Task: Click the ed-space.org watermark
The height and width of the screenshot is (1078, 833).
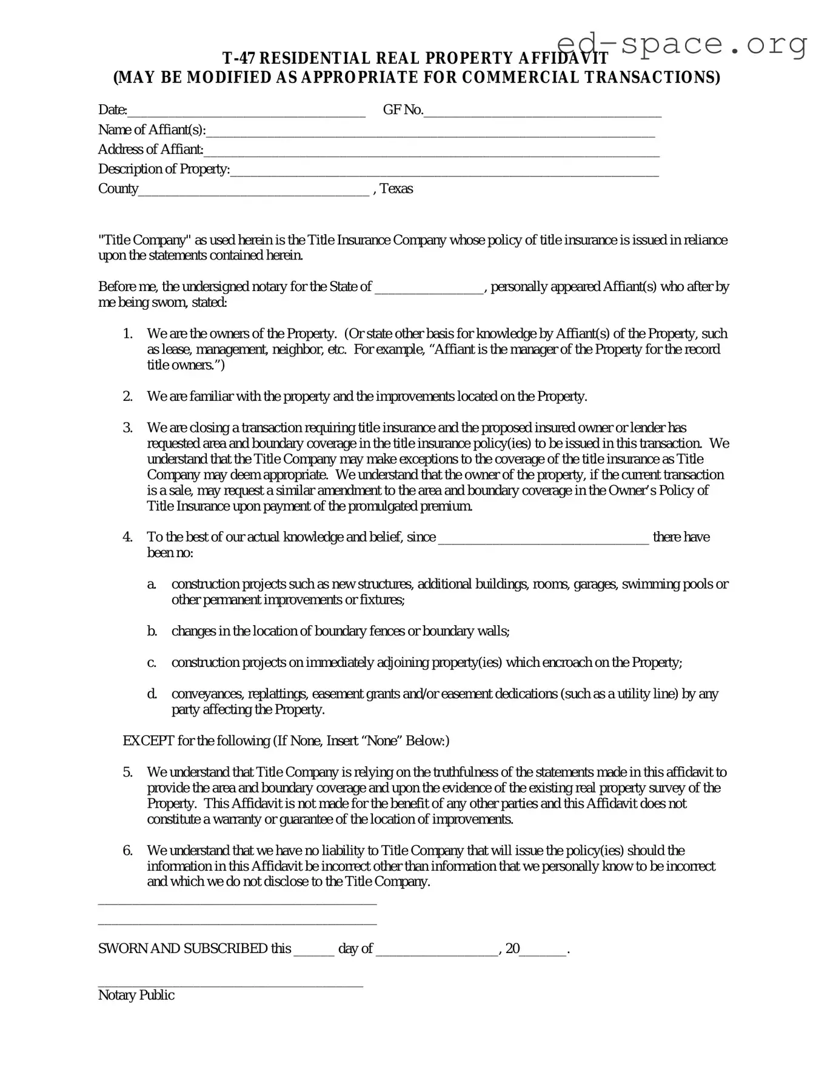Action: pos(681,44)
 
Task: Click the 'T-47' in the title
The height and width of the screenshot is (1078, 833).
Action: pos(239,59)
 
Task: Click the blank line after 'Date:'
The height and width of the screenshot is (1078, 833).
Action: pos(246,112)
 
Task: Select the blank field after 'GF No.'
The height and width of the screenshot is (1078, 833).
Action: pos(542,112)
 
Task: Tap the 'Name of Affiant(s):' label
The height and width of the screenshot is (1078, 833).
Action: pos(152,130)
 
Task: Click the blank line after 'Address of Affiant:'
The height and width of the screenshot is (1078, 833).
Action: pos(430,151)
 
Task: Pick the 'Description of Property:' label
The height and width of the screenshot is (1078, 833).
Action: pos(164,169)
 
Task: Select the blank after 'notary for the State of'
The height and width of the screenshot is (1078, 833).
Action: pos(429,288)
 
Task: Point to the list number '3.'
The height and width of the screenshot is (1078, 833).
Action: pos(128,428)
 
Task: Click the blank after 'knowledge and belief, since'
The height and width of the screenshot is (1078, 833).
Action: pos(543,538)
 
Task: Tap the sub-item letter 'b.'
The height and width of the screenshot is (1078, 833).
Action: pos(152,632)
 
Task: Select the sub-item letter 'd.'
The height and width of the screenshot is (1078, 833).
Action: pos(152,694)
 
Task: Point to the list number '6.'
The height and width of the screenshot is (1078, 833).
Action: pos(128,851)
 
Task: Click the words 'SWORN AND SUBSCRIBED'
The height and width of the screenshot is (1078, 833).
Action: pos(182,949)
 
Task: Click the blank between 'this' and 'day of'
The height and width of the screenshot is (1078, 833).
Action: pos(314,951)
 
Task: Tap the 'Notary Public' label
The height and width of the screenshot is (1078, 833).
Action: pos(136,996)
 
